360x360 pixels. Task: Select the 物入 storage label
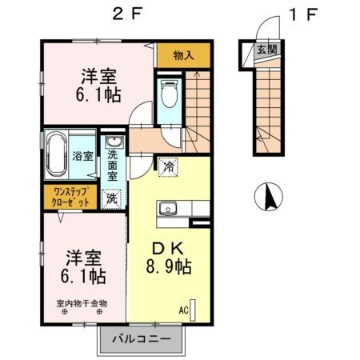click(x=183, y=56)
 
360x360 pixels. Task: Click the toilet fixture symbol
click(x=169, y=94)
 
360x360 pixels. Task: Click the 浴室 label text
click(x=83, y=155)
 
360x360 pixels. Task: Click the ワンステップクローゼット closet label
click(x=72, y=196)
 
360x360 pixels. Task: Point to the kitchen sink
click(x=168, y=210)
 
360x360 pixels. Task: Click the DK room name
click(x=166, y=247)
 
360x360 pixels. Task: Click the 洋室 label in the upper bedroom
click(x=98, y=78)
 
